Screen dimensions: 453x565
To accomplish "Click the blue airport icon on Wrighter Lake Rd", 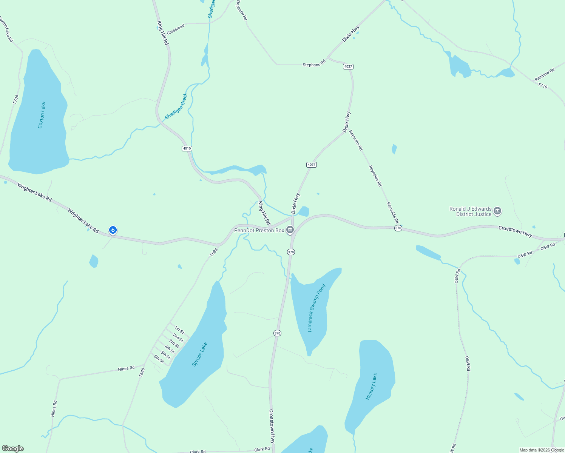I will (113, 230).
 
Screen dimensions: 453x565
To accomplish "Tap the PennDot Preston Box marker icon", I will (290, 230).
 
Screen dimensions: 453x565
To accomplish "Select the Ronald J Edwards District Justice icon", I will (497, 211).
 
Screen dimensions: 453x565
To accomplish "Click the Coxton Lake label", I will (42, 115).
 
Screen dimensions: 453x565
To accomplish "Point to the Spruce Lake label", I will (199, 354).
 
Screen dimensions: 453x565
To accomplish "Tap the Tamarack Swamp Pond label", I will (316, 308).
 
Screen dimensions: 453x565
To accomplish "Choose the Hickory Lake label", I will (371, 386).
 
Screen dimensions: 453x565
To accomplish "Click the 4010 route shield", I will (187, 148).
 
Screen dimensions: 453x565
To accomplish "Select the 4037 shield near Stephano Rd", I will (348, 66).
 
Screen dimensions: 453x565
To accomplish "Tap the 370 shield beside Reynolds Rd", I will (398, 228).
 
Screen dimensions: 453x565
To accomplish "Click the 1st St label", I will (179, 330).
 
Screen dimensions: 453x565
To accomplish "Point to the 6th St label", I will (159, 359).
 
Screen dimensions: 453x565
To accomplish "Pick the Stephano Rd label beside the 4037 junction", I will (314, 64).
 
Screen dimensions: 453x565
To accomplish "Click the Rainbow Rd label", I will (544, 74).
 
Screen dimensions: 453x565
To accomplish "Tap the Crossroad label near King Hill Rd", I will (176, 29).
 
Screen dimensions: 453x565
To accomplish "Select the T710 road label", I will (542, 86).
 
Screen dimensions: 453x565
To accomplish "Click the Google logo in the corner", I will (13, 448).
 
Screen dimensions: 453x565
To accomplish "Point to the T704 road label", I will (15, 100).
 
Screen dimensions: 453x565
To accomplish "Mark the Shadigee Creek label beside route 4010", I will (176, 106).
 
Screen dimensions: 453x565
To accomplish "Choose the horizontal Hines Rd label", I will (126, 368).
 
